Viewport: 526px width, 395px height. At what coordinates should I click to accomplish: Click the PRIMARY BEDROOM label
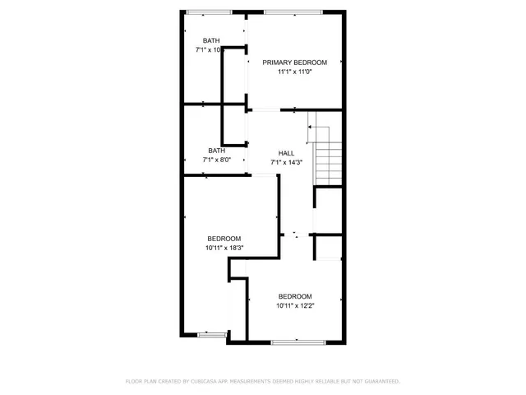294,63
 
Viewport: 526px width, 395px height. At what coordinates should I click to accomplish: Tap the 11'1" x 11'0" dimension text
294,72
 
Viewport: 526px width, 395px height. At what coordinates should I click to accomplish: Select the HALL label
286,153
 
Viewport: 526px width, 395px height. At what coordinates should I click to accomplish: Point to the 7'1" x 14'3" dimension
286,162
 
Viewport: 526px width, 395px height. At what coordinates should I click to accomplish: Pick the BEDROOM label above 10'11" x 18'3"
224,238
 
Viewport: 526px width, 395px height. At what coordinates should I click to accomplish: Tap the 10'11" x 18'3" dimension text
224,247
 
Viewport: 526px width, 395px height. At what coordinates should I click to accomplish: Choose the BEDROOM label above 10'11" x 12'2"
294,296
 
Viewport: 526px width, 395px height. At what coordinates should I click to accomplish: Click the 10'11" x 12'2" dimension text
294,306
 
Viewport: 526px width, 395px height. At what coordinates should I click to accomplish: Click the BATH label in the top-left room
211,40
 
